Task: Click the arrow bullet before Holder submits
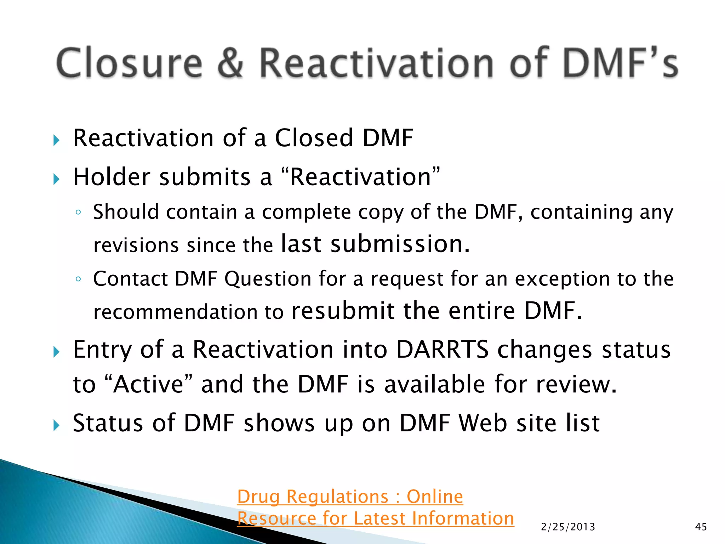pyautogui.click(x=56, y=179)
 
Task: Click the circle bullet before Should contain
pyautogui.click(x=78, y=212)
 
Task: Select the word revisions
pyautogui.click(x=136, y=245)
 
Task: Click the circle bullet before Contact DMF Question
pyautogui.click(x=78, y=279)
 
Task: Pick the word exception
pyautogui.click(x=562, y=279)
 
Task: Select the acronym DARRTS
pyautogui.click(x=442, y=350)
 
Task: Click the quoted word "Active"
pyautogui.click(x=149, y=384)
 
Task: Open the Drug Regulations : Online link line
pyautogui.click(x=350, y=497)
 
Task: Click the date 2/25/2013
pyautogui.click(x=568, y=527)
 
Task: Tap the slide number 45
pyautogui.click(x=701, y=527)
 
